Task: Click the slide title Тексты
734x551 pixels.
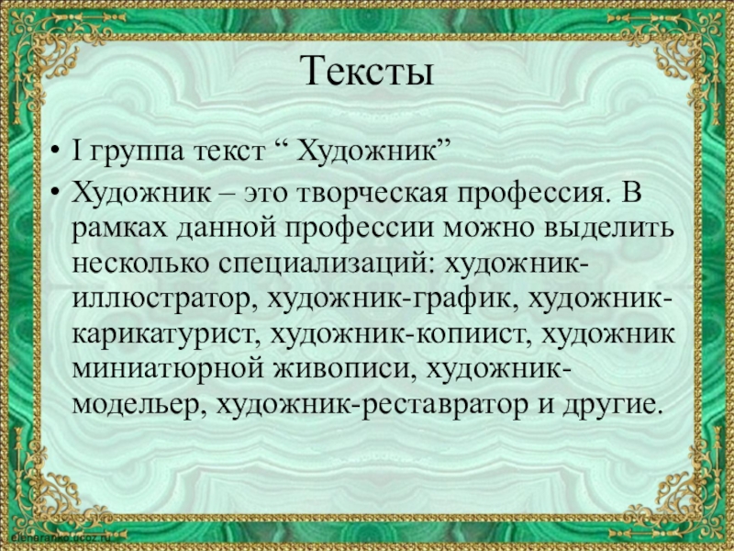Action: [x=367, y=71]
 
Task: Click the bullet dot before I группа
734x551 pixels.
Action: [x=56, y=150]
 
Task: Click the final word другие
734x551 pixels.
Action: [x=610, y=403]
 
